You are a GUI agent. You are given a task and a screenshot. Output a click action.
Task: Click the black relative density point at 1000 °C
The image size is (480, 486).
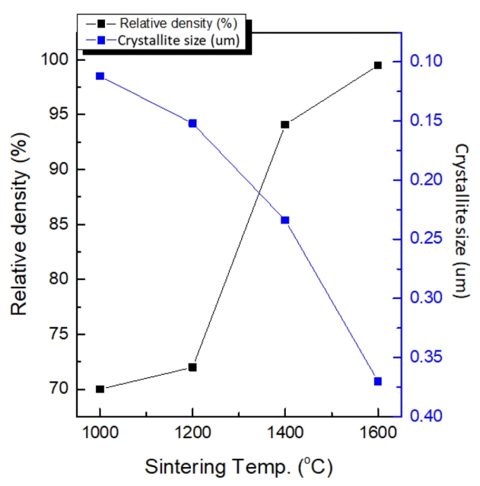click(100, 389)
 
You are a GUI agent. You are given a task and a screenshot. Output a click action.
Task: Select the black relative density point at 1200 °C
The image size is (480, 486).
click(192, 367)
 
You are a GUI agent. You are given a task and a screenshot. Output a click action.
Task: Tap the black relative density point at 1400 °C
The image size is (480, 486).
click(285, 124)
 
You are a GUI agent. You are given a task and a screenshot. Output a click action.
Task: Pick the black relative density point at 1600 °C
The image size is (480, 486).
click(377, 65)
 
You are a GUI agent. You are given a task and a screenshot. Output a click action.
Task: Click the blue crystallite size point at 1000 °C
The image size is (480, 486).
click(100, 76)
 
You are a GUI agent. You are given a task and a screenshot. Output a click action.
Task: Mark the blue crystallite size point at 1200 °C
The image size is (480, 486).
click(192, 123)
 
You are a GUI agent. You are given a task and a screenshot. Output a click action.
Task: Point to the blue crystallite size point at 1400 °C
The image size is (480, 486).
click(285, 220)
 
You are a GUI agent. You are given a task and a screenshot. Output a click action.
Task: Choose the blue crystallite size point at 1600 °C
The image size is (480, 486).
click(377, 381)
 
